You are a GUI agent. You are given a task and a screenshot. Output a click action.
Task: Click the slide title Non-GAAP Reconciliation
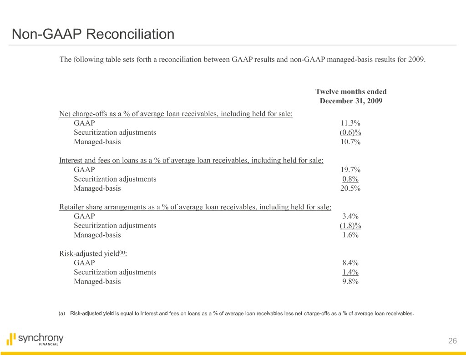click(93, 34)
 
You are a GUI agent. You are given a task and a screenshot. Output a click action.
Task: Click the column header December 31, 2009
click(350, 101)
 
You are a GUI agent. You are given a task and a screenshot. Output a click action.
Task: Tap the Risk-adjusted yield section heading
click(93, 254)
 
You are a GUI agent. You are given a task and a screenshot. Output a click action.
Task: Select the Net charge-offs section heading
click(176, 114)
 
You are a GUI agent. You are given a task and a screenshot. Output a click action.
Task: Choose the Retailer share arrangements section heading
click(195, 207)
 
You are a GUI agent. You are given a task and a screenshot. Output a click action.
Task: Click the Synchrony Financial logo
click(35, 340)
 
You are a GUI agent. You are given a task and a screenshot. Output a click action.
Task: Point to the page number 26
click(452, 341)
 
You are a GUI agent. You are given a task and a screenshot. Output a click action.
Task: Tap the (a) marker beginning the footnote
click(62, 313)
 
